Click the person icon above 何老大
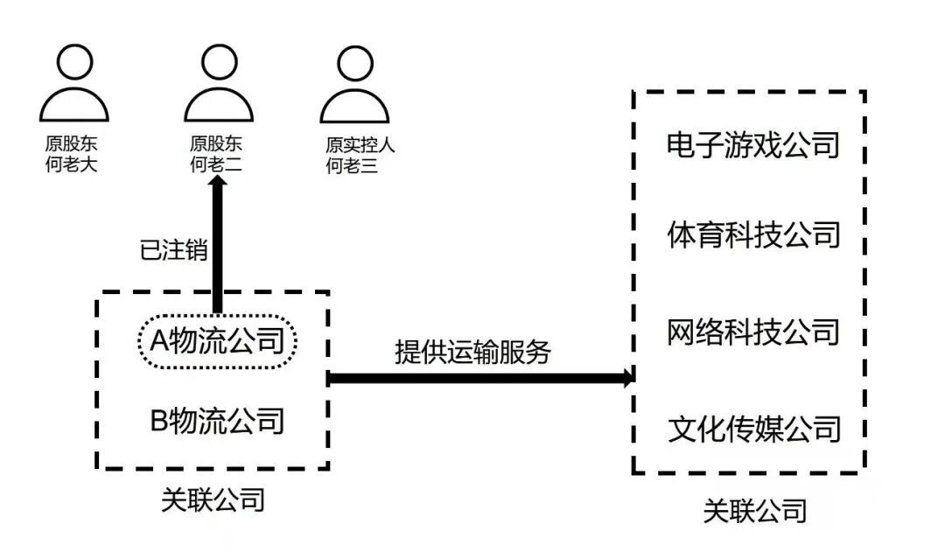[73, 87]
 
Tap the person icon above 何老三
[353, 87]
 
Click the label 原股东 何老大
[71, 154]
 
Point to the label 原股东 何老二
[215, 154]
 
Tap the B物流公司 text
[218, 421]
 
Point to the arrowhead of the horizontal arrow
[626, 378]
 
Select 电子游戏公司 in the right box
[752, 144]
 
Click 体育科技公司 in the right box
[752, 235]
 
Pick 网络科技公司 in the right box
[752, 332]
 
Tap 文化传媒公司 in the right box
[752, 429]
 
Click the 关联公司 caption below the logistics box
[213, 500]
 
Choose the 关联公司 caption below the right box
[754, 511]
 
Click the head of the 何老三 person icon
[353, 62]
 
